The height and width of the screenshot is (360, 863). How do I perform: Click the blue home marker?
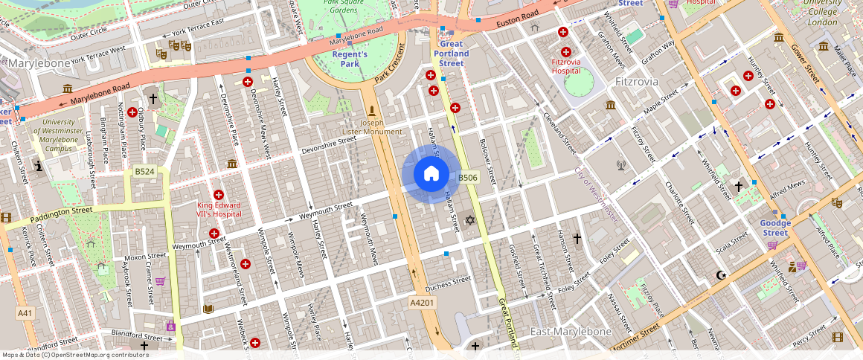pyautogui.click(x=431, y=174)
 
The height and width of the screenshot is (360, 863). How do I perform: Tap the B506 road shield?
pyautogui.click(x=467, y=178)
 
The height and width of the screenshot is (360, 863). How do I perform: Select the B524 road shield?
pyautogui.click(x=144, y=172)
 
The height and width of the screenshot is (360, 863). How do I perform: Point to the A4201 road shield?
pyautogui.click(x=422, y=303)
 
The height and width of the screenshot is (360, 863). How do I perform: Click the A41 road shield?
pyautogui.click(x=25, y=313)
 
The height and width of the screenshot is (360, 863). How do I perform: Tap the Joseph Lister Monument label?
pyautogui.click(x=372, y=126)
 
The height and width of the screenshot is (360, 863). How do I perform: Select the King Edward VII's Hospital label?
pyautogui.click(x=219, y=209)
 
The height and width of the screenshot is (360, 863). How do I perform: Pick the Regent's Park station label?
pyautogui.click(x=350, y=59)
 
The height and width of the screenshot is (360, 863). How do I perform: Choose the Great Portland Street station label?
pyautogui.click(x=451, y=54)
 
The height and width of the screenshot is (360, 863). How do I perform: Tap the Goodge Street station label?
pyautogui.click(x=774, y=228)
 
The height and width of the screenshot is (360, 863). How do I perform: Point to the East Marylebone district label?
pyautogui.click(x=570, y=331)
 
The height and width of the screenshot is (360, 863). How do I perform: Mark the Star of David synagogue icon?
pyautogui.click(x=469, y=219)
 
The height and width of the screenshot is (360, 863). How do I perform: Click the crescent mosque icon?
pyautogui.click(x=719, y=275)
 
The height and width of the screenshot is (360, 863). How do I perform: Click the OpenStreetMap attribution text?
pyautogui.click(x=74, y=355)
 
